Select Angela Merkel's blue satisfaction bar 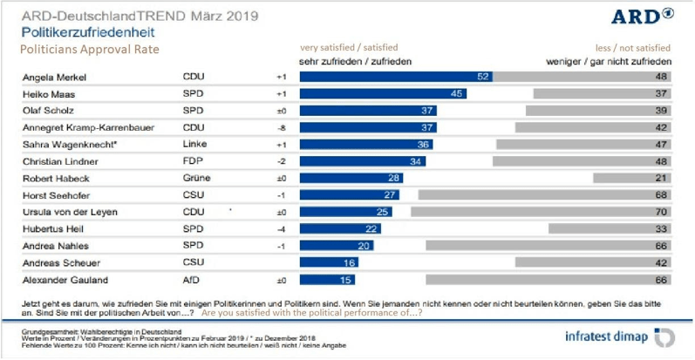tap(397, 77)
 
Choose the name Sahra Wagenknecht tap(72, 144)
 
